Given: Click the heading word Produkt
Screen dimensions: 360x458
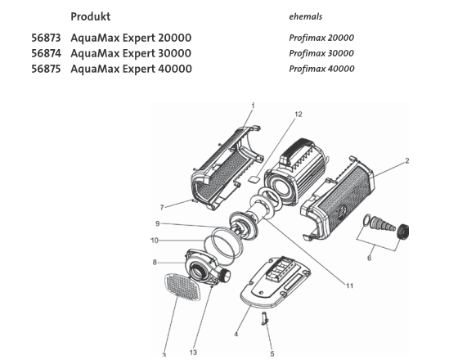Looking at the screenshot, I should coord(90,16).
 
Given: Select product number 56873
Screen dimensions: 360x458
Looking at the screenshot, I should coord(46,38).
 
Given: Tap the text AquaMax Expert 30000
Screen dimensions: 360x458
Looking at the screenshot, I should coord(131,53).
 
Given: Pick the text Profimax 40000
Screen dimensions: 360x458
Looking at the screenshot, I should coord(321,69).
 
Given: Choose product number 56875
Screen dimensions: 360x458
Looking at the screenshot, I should coord(46,69).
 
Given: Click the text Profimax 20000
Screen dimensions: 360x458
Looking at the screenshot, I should coord(321,38).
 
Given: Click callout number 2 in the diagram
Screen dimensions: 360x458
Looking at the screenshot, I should coord(406,161).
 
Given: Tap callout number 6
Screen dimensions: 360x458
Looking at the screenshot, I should coord(369,257).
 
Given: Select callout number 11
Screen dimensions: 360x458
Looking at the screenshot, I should coord(348,286).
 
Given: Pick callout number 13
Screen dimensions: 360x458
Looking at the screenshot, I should coord(193,353).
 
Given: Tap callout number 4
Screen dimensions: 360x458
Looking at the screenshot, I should coord(236,333).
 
